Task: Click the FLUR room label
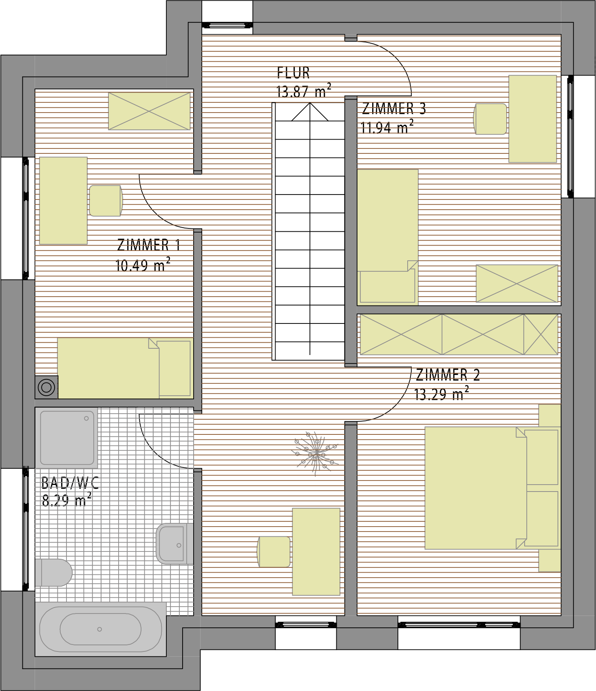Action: (x=294, y=73)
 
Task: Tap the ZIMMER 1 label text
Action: (x=148, y=245)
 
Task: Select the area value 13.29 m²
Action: (x=441, y=394)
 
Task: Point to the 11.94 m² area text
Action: (x=387, y=127)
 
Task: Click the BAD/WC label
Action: (x=70, y=483)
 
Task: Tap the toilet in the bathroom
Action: (x=54, y=572)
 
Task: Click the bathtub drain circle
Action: (x=99, y=629)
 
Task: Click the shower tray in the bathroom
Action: (x=66, y=438)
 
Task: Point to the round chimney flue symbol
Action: (x=46, y=387)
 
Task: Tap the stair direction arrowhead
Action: (x=310, y=111)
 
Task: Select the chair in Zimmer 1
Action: (x=106, y=201)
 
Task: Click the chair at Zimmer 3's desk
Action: (x=490, y=119)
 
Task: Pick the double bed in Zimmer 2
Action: (x=492, y=488)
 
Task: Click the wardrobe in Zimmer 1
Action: (x=149, y=111)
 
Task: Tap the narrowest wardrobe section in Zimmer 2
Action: (x=541, y=334)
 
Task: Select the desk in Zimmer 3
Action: (x=532, y=119)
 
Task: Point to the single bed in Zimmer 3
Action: (x=388, y=237)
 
